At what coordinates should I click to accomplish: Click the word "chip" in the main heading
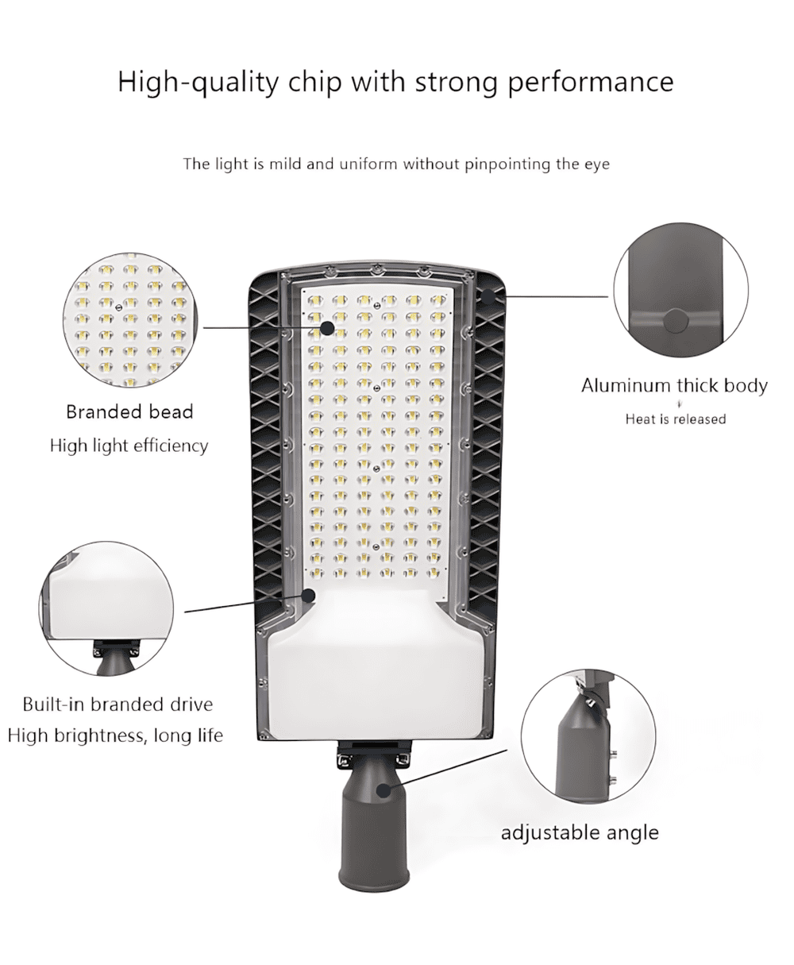(x=314, y=83)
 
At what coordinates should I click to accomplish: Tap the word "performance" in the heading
(x=591, y=83)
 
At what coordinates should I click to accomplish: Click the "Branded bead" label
(x=129, y=411)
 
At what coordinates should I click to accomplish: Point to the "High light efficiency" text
(x=129, y=446)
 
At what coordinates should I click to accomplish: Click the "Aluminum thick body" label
(x=674, y=386)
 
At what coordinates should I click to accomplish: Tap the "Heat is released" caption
(x=676, y=419)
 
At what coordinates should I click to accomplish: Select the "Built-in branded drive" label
(x=118, y=704)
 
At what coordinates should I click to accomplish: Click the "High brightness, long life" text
(x=115, y=735)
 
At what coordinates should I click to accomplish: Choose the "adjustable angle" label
(x=580, y=832)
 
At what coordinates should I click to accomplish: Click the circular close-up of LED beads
(x=130, y=320)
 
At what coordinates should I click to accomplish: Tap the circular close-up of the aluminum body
(x=680, y=291)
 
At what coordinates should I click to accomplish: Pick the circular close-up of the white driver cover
(x=106, y=608)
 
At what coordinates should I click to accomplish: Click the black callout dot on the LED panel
(x=327, y=327)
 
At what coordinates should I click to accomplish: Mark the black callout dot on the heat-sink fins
(x=488, y=296)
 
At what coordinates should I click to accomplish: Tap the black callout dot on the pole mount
(x=384, y=790)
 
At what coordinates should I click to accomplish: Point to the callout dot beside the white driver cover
(x=309, y=596)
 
